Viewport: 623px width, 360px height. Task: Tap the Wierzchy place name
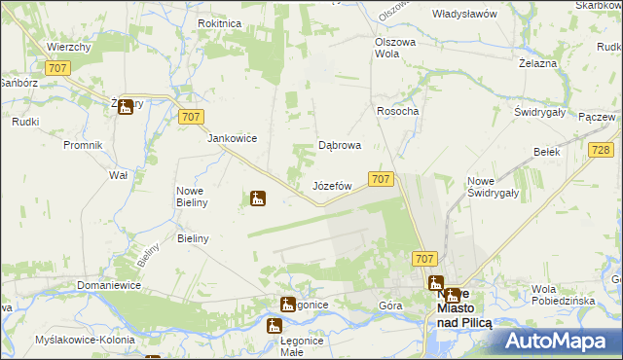click(x=68, y=47)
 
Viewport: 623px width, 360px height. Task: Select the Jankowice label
click(x=232, y=138)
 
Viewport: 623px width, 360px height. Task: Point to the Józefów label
click(x=331, y=185)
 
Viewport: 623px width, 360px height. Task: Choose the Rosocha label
click(x=397, y=111)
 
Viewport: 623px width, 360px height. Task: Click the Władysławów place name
click(x=464, y=15)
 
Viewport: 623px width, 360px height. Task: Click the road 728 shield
click(x=601, y=150)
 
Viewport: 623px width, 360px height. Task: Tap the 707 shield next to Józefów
click(x=382, y=179)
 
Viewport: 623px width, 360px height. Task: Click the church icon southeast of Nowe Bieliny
click(x=257, y=198)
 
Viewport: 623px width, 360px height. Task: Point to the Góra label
click(x=390, y=305)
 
